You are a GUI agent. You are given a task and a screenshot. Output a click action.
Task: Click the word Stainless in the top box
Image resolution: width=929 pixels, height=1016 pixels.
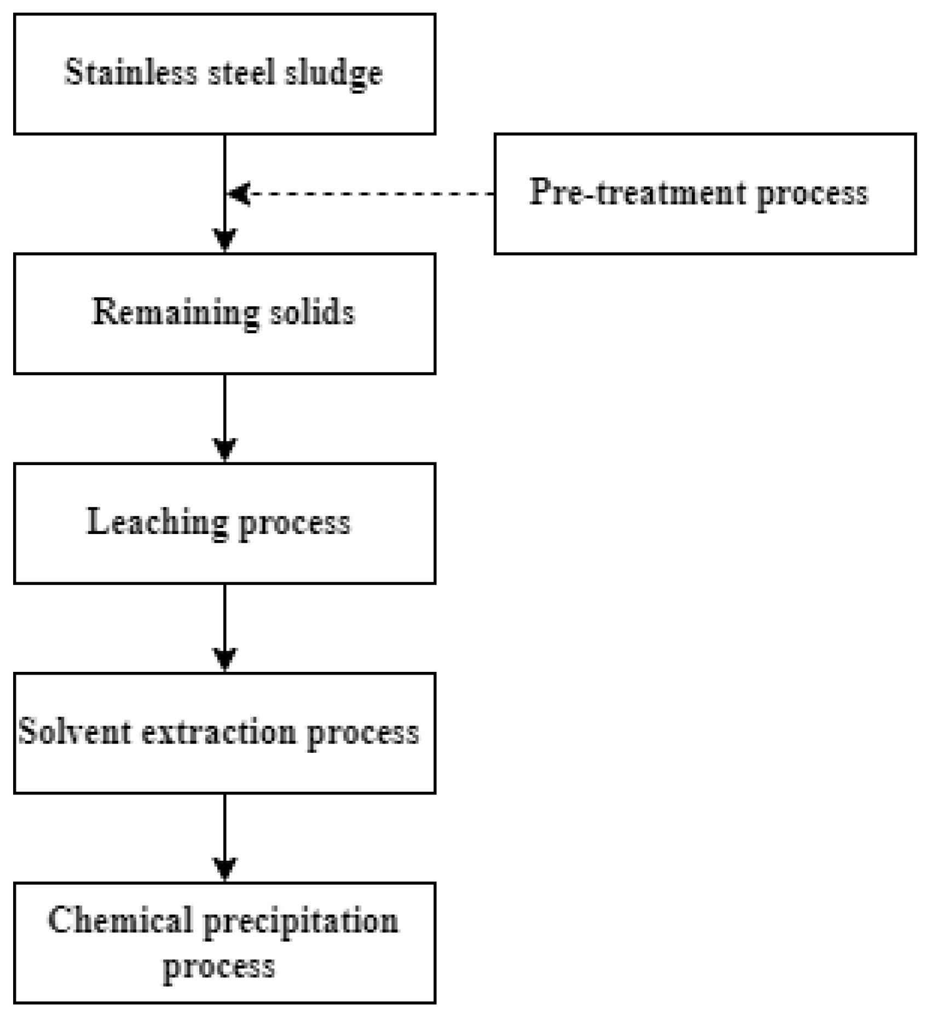(130, 72)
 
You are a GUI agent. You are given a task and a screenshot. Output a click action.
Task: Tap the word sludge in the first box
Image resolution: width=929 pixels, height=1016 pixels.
(333, 74)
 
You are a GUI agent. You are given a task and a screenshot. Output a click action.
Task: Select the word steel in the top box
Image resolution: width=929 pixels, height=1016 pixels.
(241, 72)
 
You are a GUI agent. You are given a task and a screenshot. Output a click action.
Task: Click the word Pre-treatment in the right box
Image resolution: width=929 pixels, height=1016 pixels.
(638, 193)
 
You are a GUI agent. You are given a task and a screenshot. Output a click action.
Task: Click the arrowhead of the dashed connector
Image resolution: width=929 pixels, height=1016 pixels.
(239, 194)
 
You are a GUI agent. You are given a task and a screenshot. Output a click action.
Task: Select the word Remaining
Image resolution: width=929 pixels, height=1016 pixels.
(175, 313)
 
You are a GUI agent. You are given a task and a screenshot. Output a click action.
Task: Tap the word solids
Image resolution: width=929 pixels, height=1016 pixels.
(313, 313)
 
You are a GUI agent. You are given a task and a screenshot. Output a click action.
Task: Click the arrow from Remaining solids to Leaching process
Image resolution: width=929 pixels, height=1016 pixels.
(225, 416)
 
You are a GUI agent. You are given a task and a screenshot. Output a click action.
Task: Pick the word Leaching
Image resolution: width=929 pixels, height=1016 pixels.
(157, 522)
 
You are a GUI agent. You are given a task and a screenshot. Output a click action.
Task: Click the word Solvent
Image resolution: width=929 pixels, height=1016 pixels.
(74, 732)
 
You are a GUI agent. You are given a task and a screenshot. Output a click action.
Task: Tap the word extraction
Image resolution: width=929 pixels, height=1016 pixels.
(218, 732)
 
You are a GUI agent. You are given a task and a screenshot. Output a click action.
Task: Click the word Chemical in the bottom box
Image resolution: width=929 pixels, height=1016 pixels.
(120, 920)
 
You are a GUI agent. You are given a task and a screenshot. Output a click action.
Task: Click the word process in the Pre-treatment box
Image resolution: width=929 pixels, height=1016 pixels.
(812, 195)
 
